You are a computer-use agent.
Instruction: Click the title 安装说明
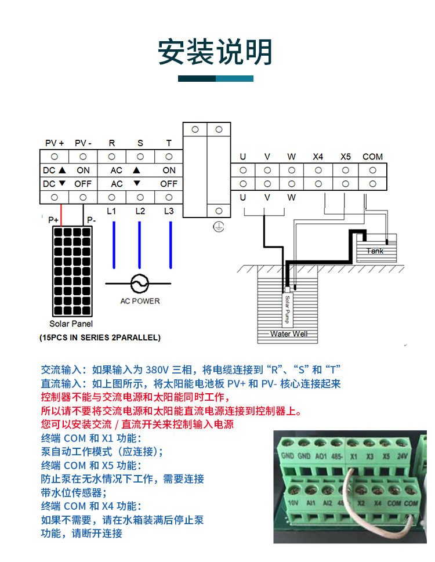pos(215,52)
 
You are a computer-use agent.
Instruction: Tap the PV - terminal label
pos(83,143)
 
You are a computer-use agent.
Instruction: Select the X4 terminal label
pos(318,157)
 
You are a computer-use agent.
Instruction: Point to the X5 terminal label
pos(346,157)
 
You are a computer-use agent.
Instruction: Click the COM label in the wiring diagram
pos(372,157)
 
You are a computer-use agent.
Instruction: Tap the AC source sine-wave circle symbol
pos(139,284)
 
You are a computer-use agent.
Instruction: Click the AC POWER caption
pos(140,301)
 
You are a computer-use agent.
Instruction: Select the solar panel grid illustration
pos(71,270)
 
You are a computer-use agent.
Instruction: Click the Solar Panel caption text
pos(71,324)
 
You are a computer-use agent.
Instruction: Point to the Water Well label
pos(289,334)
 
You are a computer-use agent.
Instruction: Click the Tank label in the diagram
pos(375,251)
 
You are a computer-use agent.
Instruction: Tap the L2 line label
pos(140,211)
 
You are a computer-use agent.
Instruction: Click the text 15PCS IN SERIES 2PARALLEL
pos(100,337)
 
